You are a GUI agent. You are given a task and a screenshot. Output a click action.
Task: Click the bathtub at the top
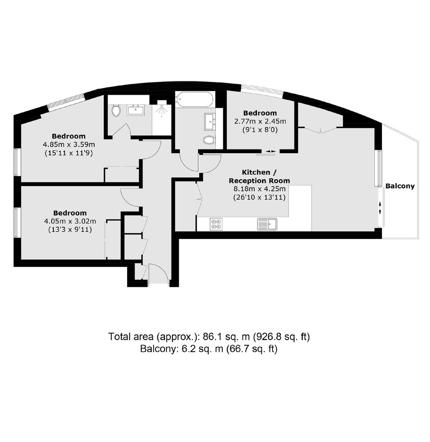tap(195, 100)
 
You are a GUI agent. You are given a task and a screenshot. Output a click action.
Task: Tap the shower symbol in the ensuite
tap(161, 108)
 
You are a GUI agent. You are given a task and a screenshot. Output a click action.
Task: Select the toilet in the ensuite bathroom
tap(116, 111)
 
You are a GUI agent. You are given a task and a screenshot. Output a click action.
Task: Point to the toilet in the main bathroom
tap(209, 140)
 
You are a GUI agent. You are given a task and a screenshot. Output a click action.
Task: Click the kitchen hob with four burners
tap(216, 224)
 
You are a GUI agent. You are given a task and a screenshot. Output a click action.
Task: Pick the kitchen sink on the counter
tap(267, 224)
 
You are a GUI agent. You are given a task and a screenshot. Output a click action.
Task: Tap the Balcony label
tap(400, 186)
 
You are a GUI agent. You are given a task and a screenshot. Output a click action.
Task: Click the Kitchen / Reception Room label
tap(259, 176)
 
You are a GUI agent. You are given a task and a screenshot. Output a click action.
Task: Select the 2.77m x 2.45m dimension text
tap(260, 122)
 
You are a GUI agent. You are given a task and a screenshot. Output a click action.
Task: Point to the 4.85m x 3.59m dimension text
tap(69, 144)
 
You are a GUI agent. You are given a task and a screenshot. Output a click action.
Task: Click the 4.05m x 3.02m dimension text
tap(70, 221)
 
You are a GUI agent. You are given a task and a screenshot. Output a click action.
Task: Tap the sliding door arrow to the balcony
tap(380, 208)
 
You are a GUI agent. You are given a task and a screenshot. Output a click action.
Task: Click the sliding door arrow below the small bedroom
tap(271, 152)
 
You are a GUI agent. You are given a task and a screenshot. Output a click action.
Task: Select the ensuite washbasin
tap(136, 110)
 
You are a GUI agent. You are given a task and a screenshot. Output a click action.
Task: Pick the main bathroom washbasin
tap(210, 122)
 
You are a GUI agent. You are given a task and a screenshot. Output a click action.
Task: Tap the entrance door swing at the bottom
tap(159, 274)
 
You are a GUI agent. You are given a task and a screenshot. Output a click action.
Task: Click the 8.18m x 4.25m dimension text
tap(259, 189)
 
